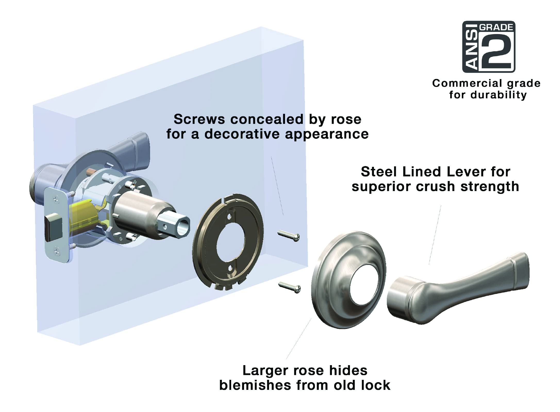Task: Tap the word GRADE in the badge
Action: click(496, 27)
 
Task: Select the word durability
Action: click(499, 95)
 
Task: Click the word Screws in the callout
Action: click(200, 119)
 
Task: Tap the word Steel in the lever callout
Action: click(379, 172)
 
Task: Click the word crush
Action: click(435, 187)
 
